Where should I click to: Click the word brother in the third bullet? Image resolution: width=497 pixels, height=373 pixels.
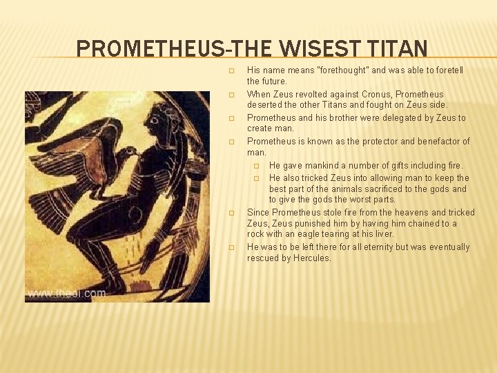339,117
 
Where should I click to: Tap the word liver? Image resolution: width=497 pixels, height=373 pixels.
382,234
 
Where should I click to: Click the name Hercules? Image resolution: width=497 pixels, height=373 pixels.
311,258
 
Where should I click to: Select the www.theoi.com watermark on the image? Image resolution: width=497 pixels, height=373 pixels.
67,294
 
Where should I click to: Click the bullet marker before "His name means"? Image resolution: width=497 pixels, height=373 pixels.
232,70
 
